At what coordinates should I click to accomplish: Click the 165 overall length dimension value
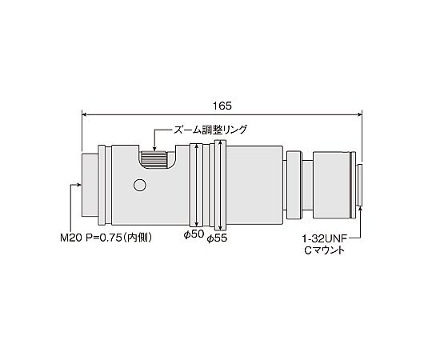222,106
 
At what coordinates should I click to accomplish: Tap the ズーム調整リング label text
210,130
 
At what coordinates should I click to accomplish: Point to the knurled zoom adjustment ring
154,160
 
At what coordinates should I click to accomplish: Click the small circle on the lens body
140,185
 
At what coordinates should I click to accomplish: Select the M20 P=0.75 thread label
106,238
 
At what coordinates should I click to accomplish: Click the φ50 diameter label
194,234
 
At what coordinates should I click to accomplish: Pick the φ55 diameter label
217,238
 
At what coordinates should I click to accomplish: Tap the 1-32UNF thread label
325,238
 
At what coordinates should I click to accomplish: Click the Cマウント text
325,250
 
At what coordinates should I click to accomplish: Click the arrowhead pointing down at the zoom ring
154,150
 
